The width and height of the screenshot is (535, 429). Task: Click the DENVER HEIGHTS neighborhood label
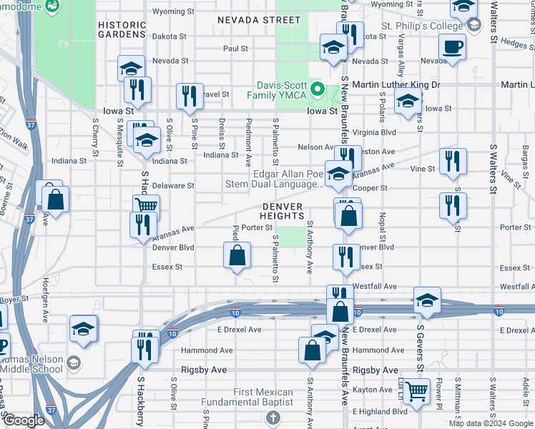(283, 211)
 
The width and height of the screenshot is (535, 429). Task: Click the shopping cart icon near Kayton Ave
(416, 392)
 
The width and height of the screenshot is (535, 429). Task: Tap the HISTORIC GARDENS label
(122, 29)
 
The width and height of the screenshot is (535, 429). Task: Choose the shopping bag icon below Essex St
(237, 255)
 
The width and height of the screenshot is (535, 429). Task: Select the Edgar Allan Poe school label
(288, 179)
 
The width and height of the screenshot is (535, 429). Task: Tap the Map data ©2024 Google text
(491, 423)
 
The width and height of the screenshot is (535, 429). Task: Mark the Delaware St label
(173, 185)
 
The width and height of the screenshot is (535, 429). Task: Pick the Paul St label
(235, 49)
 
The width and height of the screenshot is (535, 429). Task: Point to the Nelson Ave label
(316, 147)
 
